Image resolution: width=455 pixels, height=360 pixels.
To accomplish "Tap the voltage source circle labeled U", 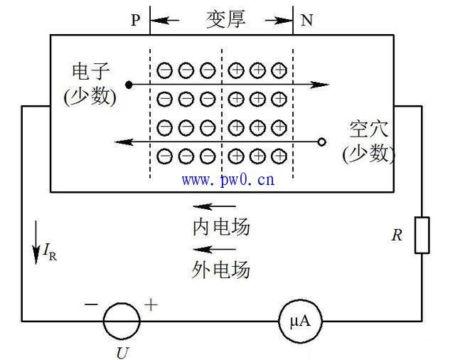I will [x=120, y=322].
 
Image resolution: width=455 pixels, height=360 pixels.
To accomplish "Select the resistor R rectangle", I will [x=422, y=235].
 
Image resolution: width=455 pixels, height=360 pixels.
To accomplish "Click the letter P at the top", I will [x=136, y=20].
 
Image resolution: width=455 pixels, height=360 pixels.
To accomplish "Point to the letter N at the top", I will [x=306, y=20].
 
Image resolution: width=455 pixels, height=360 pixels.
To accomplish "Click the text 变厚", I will [x=225, y=19].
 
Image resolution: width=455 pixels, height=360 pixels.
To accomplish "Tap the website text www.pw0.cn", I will [x=228, y=179].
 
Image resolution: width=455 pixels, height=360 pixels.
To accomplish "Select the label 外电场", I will [x=221, y=269].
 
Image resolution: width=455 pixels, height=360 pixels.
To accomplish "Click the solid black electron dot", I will [x=129, y=85].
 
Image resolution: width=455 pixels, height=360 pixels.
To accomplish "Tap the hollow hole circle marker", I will [x=321, y=142].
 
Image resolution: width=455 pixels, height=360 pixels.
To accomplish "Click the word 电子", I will [x=90, y=72].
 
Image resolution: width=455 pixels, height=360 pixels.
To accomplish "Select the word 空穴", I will [x=368, y=130].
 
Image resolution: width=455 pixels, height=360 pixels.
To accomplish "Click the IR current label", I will [x=50, y=250].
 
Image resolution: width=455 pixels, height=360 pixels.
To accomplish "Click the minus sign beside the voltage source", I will [x=91, y=304].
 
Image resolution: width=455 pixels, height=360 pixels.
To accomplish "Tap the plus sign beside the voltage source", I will [x=151, y=305].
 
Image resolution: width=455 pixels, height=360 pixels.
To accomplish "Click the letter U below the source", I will [x=121, y=351].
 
